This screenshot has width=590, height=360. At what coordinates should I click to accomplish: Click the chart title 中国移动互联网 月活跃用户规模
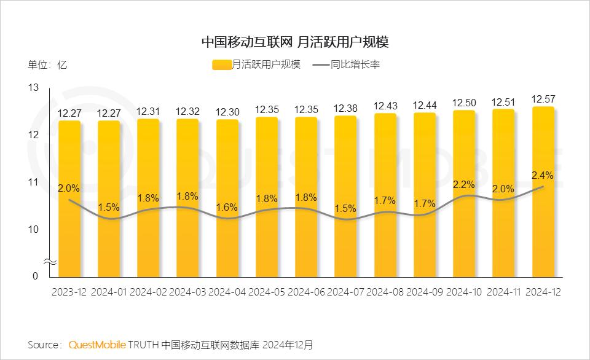(x=295, y=42)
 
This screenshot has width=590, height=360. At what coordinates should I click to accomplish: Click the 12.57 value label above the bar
(x=543, y=98)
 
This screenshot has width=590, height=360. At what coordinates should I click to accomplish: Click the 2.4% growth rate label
(x=543, y=175)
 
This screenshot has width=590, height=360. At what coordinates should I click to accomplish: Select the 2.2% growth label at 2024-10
(x=463, y=184)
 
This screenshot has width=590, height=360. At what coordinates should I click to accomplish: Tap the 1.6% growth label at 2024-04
(x=227, y=207)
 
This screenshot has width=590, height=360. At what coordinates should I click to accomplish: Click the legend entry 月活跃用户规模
(x=256, y=65)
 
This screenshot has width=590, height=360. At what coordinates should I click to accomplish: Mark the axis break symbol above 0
(x=52, y=262)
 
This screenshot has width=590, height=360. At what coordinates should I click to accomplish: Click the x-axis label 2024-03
(x=187, y=292)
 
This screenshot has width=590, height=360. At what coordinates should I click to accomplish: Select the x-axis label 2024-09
(x=424, y=292)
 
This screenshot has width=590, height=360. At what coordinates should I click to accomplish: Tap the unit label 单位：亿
(x=47, y=65)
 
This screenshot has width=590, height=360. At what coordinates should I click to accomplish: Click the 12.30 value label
(x=227, y=111)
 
